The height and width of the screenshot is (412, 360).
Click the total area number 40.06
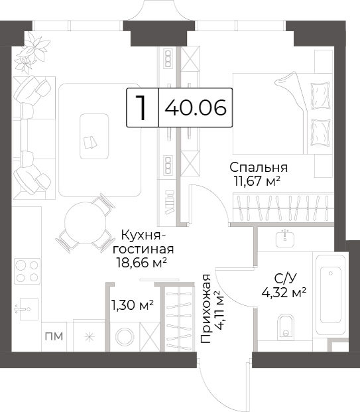(x=196, y=107)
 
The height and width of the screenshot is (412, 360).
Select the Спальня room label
(x=259, y=168)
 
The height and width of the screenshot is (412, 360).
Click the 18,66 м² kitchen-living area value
(x=142, y=262)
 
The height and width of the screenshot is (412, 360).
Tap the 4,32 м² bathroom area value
(x=284, y=292)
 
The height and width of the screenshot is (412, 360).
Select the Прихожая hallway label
(x=206, y=309)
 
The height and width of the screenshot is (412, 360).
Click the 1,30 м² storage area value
(x=133, y=305)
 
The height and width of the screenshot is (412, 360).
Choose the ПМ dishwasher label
(x=54, y=336)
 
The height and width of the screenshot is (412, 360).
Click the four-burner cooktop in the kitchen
(x=27, y=271)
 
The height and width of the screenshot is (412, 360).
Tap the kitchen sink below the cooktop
(x=29, y=309)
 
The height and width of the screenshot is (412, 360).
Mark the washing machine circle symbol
(x=125, y=337)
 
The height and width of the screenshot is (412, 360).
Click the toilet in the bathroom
(x=285, y=326)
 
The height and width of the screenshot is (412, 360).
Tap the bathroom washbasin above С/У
(x=285, y=239)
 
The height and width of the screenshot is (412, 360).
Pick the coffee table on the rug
(x=94, y=137)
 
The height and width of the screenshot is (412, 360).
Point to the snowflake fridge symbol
(x=90, y=337)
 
